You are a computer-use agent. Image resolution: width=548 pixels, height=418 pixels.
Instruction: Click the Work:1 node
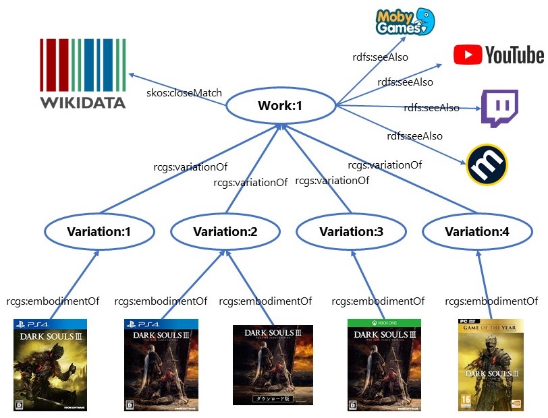[x=281, y=106]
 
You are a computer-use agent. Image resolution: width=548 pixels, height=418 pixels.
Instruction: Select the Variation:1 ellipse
[x=99, y=232]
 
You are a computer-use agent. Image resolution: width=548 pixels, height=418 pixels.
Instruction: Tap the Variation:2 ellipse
[x=225, y=232]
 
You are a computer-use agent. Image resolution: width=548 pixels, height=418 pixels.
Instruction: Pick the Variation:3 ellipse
[x=351, y=232]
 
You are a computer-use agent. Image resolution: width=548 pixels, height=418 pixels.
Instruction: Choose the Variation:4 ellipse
[x=476, y=232]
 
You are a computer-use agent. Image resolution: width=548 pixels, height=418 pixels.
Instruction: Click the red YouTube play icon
[x=467, y=55]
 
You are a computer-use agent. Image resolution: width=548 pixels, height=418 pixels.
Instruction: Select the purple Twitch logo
[x=499, y=107]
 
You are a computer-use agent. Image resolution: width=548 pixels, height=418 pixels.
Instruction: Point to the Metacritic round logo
[x=487, y=165]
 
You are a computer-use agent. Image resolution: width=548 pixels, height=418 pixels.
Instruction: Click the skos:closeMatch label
[x=185, y=92]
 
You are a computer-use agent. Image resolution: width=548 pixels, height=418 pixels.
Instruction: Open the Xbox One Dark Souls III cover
[x=384, y=365]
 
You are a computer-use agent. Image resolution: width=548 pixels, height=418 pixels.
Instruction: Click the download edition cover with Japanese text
[x=273, y=365]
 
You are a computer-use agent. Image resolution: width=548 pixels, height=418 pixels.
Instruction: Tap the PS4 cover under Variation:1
[x=51, y=365]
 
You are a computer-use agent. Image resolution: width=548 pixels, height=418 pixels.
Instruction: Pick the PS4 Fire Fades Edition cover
[x=162, y=365]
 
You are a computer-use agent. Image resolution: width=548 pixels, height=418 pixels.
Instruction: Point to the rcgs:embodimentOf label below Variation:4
[x=491, y=301]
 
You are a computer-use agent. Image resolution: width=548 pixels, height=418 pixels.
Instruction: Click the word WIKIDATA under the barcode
[x=83, y=103]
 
